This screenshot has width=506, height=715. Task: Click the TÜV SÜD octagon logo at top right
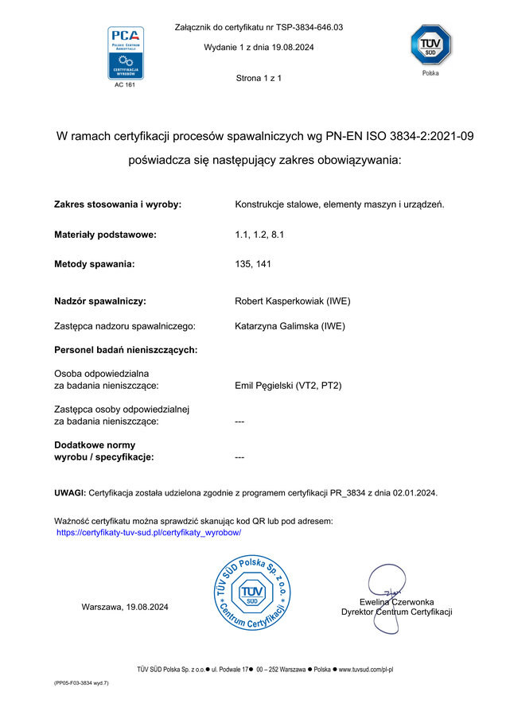point(430,45)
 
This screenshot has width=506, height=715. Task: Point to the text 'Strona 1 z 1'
point(259,78)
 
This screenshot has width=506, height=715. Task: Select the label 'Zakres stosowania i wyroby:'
point(118,204)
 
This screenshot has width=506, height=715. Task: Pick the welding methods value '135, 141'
point(253,264)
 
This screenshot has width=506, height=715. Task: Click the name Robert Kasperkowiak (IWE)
point(293,301)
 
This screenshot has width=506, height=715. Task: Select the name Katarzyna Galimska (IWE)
point(290,325)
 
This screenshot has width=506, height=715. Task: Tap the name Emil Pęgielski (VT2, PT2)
point(288,386)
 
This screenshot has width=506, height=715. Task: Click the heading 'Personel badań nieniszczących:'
point(126,349)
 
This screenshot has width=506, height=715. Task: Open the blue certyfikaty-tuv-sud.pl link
point(149,532)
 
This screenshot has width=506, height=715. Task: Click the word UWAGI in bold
point(69,493)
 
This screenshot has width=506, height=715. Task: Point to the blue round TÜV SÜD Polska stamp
point(251,593)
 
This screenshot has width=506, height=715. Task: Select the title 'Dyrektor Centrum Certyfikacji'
point(396,612)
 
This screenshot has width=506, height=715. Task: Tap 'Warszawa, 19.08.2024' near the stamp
point(125,607)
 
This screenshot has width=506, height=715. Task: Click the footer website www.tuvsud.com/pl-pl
point(367,670)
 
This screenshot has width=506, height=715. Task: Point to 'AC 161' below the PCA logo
point(125,84)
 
